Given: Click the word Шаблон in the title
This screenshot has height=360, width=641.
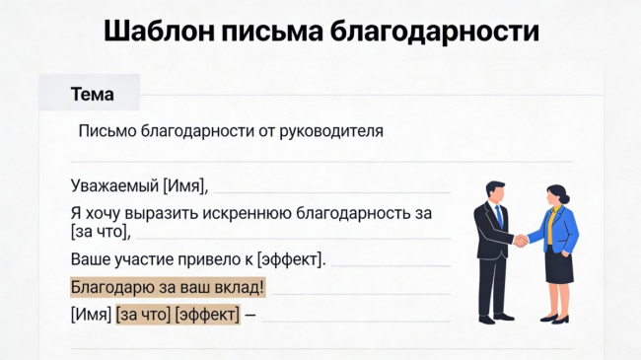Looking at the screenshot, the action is point(159,32).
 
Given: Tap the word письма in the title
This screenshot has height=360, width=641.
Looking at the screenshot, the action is point(272,32).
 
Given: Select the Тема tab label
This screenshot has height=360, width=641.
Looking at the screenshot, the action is point(92,94).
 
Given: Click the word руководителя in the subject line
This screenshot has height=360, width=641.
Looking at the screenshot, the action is point(331,132).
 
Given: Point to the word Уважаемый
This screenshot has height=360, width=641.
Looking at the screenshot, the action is point(114,185).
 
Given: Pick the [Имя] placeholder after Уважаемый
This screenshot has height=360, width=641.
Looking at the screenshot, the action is point(185,186).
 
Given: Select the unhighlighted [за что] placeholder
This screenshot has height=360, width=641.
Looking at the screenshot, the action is point(101,232).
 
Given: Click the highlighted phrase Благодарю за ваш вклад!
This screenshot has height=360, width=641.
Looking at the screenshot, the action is point(168,287).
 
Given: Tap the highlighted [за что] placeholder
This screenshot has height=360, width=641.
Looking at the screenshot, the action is point(143,315).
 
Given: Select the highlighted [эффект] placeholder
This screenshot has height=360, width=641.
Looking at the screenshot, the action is point(207,315).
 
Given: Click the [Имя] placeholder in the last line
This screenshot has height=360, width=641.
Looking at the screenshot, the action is point(91,315).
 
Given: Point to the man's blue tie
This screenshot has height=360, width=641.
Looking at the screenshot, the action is point(499,217).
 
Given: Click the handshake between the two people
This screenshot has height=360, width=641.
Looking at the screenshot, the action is point(521,240).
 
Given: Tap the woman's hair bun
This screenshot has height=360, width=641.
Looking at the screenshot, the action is point(565,199).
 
